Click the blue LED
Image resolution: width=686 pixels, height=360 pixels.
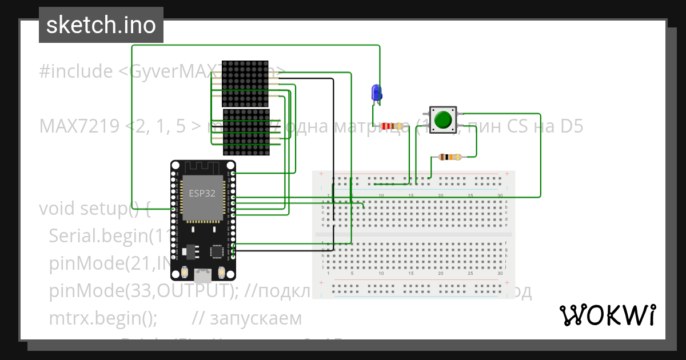(x=376, y=93)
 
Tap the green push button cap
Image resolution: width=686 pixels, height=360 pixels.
(x=442, y=119)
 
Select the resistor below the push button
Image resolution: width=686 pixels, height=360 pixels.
(x=448, y=157)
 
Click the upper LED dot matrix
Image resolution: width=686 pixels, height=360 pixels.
(x=245, y=83)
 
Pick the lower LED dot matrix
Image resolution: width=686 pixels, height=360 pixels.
(x=246, y=133)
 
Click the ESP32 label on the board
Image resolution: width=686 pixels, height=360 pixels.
(x=202, y=193)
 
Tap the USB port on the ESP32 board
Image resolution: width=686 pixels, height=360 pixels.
(x=202, y=276)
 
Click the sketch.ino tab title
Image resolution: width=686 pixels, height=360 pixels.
(x=101, y=25)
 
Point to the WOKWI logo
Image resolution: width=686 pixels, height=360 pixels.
(x=608, y=315)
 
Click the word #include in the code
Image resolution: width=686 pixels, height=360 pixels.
(x=76, y=71)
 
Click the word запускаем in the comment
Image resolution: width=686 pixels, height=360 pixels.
(x=256, y=318)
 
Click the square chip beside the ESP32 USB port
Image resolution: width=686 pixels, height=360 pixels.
(x=218, y=251)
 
